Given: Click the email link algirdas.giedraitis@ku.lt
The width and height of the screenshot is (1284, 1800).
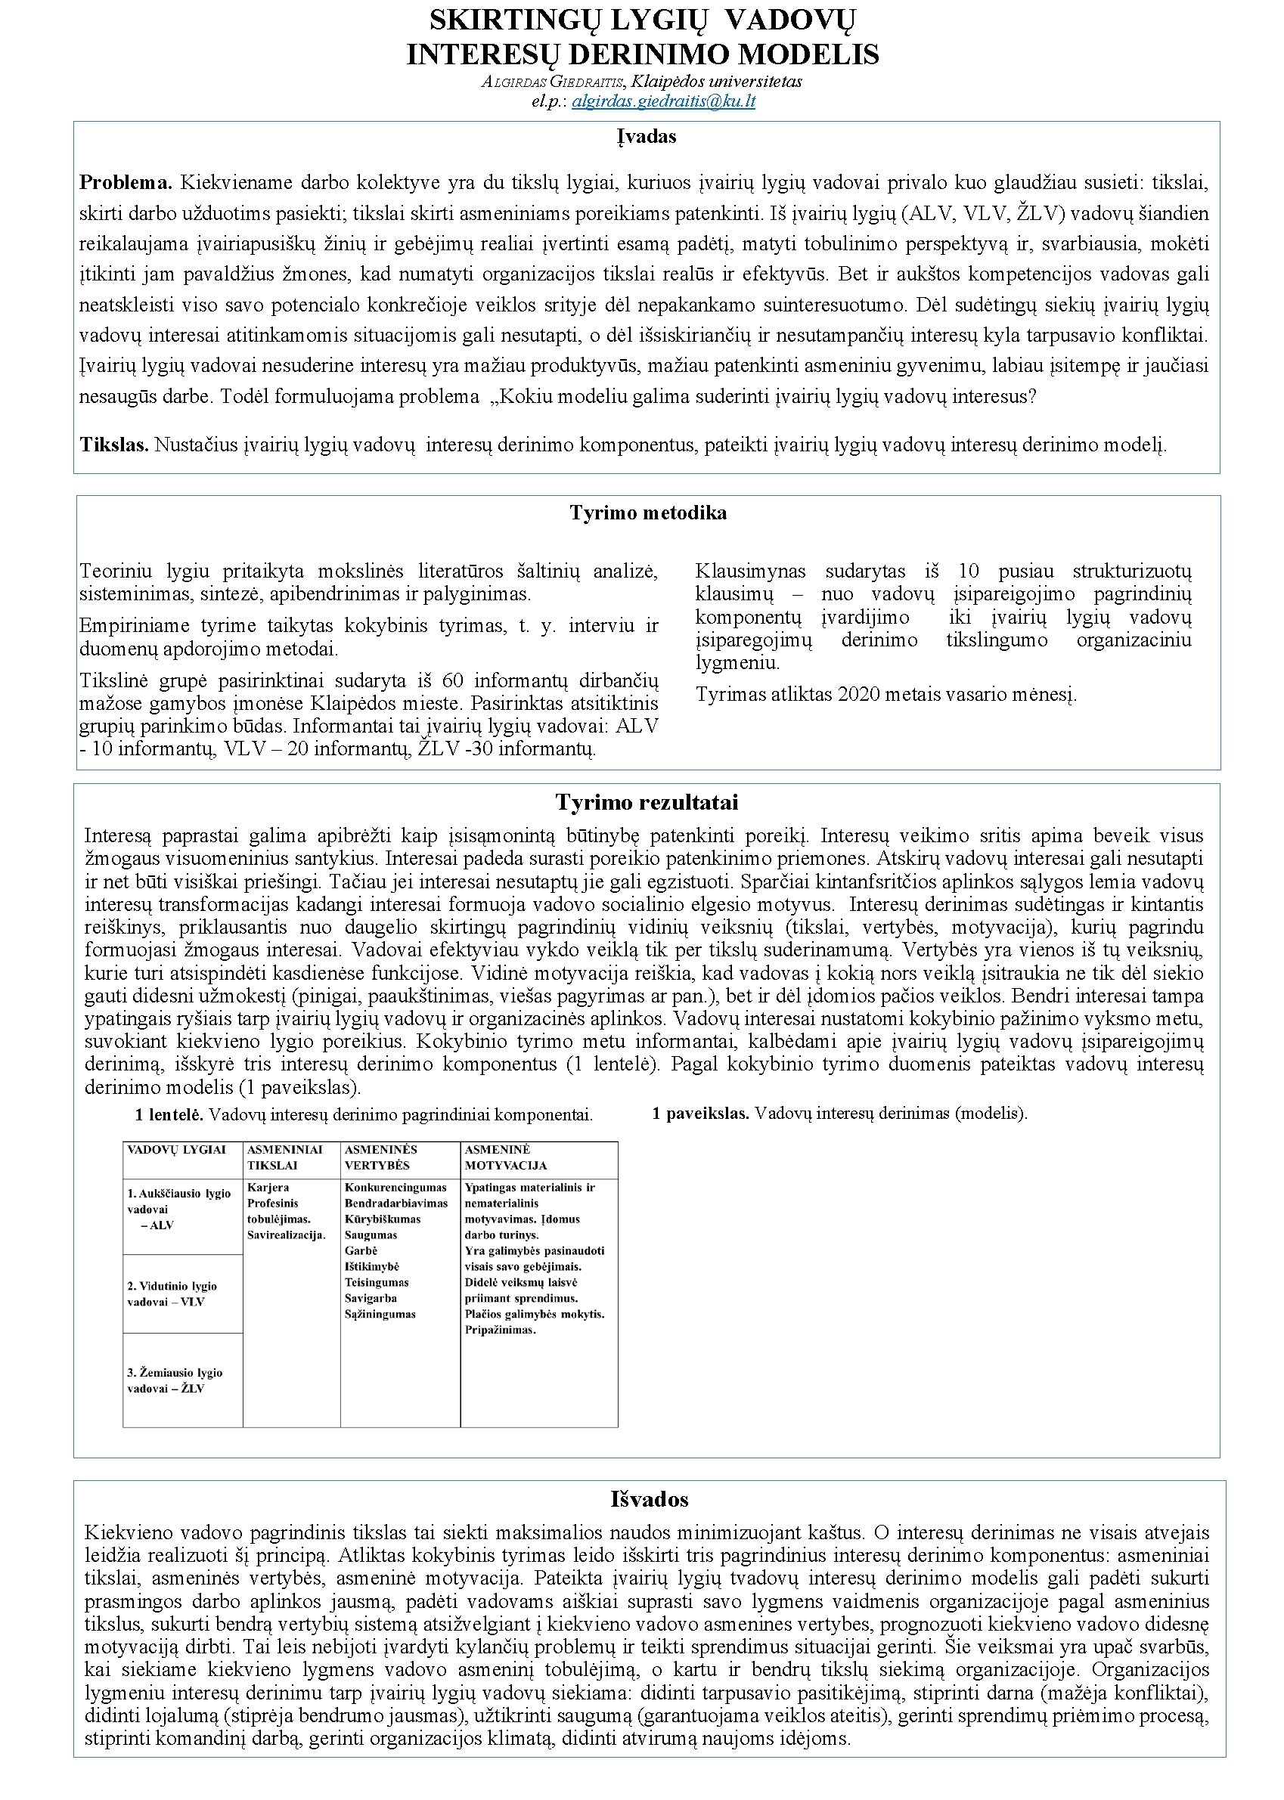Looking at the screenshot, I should pyautogui.click(x=663, y=102).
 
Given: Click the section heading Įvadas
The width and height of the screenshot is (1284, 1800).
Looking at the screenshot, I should pyautogui.click(x=647, y=137).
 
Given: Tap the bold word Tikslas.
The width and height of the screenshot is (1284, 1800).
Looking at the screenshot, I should pyautogui.click(x=114, y=445).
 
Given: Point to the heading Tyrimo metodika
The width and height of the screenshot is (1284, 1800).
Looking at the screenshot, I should pyautogui.click(x=647, y=513).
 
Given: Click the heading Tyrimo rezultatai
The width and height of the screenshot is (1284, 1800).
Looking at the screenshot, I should pyautogui.click(x=646, y=802).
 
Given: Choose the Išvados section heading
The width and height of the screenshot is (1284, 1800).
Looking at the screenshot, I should pyautogui.click(x=649, y=1500).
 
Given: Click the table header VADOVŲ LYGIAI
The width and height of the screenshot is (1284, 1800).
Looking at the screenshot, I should pyautogui.click(x=176, y=1150).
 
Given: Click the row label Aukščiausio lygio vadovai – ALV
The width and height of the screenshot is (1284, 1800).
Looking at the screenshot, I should pyautogui.click(x=178, y=1210).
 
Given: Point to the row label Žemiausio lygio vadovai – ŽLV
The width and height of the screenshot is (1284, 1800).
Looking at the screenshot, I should pyautogui.click(x=175, y=1380).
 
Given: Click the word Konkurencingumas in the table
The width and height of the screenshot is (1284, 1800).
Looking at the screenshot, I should pyautogui.click(x=395, y=1188).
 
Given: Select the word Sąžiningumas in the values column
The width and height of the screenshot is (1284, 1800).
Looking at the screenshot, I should pyautogui.click(x=380, y=1314).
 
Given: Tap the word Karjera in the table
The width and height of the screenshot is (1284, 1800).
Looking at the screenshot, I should pyautogui.click(x=268, y=1188).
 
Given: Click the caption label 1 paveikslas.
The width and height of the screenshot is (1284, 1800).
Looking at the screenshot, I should pyautogui.click(x=700, y=1114).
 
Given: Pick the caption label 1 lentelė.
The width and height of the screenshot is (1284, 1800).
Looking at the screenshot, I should pyautogui.click(x=169, y=1115).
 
